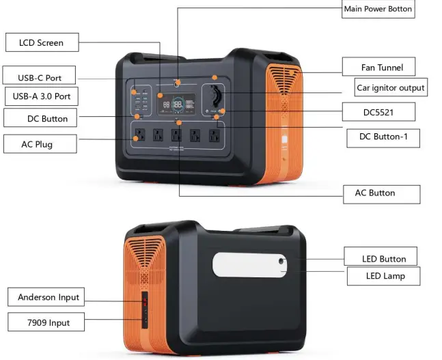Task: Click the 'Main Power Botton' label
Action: (378, 9)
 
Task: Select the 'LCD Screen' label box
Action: (41, 42)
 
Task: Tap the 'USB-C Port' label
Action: (40, 78)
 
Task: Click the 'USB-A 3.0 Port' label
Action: (41, 96)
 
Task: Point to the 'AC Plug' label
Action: (39, 144)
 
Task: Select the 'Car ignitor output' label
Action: (391, 87)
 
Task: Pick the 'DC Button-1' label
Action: (383, 137)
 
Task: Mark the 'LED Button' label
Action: (383, 259)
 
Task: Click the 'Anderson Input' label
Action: (49, 297)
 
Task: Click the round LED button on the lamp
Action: (281, 260)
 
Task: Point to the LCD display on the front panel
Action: (177, 105)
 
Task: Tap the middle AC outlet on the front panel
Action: (176, 135)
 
